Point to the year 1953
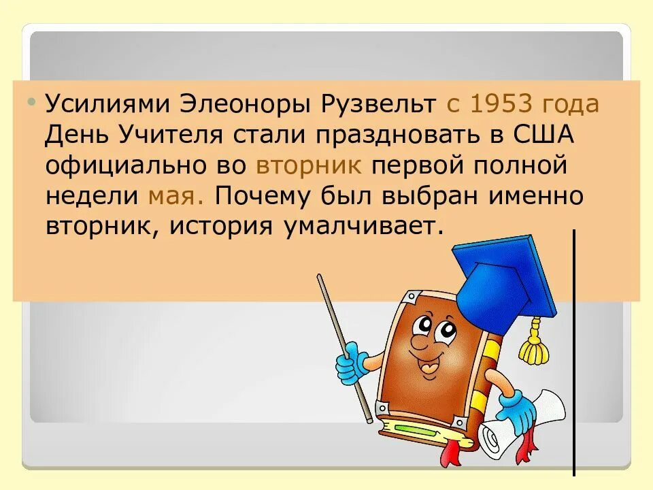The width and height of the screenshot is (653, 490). pyautogui.click(x=501, y=105)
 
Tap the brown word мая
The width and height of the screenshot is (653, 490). pyautogui.click(x=173, y=196)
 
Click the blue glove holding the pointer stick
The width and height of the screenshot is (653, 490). pyautogui.click(x=350, y=362)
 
